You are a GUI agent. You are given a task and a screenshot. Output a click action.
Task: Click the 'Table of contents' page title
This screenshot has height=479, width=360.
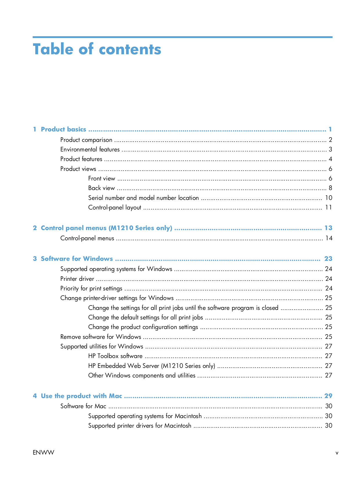point(97,49)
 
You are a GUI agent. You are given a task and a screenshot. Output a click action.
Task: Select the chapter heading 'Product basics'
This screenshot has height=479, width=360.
point(63,129)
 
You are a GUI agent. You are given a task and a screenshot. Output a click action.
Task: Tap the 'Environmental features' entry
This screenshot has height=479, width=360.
point(90,149)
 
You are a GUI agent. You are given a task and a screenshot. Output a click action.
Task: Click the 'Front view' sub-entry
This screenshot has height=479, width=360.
point(102,178)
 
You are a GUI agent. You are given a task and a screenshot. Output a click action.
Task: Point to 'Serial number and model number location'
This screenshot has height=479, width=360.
point(143,198)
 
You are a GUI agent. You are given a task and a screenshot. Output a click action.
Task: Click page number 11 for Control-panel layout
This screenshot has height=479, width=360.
point(328,207)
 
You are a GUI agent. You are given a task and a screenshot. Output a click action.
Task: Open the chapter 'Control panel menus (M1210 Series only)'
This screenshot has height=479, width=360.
point(106,228)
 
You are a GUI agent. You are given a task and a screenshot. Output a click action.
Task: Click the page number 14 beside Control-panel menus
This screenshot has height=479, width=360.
point(329,238)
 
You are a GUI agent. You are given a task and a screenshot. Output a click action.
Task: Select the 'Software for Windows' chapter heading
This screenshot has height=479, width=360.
point(77,259)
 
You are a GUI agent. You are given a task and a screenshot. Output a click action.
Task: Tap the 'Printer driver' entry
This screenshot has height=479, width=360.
point(77,279)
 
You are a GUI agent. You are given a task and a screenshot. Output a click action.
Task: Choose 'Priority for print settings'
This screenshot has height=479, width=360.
point(91,288)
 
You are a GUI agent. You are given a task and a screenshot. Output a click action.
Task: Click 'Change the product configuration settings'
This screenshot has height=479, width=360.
point(143,327)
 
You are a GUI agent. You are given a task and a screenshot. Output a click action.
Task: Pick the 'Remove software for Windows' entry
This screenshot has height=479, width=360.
point(101,337)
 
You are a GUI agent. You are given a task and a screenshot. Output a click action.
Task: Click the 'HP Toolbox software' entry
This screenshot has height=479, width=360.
point(115,356)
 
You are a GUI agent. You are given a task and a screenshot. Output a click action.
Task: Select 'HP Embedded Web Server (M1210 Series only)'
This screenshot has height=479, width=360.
point(152,366)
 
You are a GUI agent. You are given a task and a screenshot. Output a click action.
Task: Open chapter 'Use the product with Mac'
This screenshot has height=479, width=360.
point(81,396)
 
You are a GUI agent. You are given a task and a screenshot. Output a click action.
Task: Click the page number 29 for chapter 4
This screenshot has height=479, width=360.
point(328,396)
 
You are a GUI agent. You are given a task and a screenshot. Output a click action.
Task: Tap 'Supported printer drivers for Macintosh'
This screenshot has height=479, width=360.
point(140,426)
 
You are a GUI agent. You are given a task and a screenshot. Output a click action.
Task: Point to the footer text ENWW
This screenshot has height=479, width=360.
point(44,453)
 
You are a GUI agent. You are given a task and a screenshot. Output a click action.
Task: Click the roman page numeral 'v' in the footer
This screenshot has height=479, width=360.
point(337,453)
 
